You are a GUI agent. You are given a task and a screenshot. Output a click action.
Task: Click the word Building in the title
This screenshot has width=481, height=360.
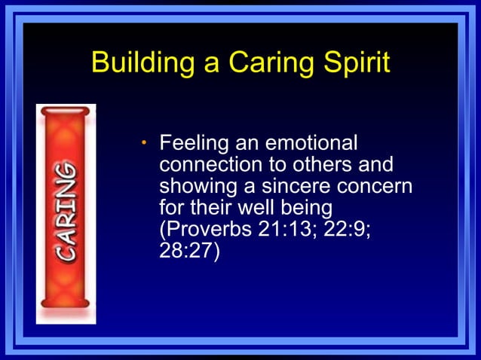[134, 63]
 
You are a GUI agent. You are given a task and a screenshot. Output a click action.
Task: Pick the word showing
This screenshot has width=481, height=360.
[194, 186]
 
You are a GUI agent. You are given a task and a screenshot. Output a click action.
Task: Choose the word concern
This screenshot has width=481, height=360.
[376, 186]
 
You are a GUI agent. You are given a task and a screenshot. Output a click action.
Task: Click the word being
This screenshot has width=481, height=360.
[300, 207]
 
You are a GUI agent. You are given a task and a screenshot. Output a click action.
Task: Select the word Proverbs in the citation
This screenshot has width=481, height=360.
[210, 229]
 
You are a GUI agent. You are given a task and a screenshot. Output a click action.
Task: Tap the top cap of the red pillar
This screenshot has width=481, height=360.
[66, 111]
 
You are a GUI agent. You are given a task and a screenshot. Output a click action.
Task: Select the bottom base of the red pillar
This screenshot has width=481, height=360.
[66, 304]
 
